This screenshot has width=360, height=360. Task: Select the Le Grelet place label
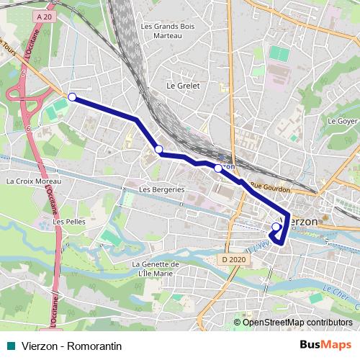[182, 85]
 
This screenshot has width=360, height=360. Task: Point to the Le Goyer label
[343, 121]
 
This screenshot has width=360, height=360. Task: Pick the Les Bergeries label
[162, 190]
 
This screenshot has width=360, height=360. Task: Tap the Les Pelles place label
[69, 222]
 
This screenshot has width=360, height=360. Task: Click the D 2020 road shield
[234, 258]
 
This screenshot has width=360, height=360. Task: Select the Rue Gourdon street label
[271, 187]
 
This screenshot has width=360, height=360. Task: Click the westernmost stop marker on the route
[72, 97]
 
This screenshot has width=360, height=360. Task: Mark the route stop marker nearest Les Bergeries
[158, 149]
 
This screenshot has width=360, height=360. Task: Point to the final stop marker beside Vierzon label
[275, 228]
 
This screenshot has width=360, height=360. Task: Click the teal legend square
[10, 346]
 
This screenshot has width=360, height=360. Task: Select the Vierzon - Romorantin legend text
[71, 346]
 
